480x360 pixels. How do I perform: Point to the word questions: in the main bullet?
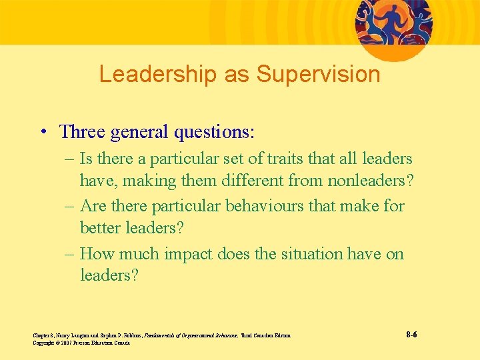(x=214, y=131)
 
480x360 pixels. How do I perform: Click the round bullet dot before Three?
(x=43, y=131)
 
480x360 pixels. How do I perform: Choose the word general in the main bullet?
(x=139, y=131)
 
